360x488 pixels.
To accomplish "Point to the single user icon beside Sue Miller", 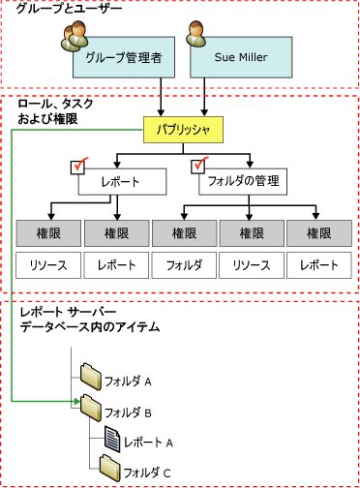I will [x=201, y=37].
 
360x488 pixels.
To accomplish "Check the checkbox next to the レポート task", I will [x=80, y=168].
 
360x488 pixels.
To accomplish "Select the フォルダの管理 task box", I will [x=247, y=180].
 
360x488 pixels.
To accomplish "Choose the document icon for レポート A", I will [x=111, y=439].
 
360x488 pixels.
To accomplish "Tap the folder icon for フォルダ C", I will [x=110, y=469].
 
